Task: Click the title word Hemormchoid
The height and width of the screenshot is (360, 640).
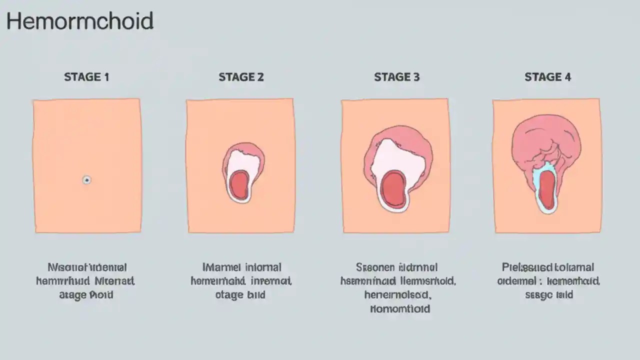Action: [x=80, y=22]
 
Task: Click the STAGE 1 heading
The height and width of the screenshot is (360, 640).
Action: [x=86, y=77]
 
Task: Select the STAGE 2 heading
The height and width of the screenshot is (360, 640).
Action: [x=241, y=77]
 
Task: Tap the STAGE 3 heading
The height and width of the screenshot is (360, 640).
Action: [x=396, y=77]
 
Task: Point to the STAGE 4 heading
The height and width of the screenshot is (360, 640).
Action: [x=547, y=77]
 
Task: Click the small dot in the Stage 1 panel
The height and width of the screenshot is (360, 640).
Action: [x=86, y=179]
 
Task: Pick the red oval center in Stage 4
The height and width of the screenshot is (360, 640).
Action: [x=547, y=189]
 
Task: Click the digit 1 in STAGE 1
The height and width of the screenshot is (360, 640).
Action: [x=105, y=77]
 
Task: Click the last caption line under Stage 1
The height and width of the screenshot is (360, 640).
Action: [x=86, y=295]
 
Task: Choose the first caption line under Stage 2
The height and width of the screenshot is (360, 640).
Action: [x=241, y=267]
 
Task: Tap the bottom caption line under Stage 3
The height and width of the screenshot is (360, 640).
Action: [x=400, y=308]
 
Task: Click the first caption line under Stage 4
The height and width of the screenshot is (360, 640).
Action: [x=548, y=267]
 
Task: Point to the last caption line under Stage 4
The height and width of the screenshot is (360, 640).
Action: [x=548, y=295]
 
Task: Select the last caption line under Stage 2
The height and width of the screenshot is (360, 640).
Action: [x=240, y=295]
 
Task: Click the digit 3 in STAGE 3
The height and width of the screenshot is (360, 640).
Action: [x=416, y=77]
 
